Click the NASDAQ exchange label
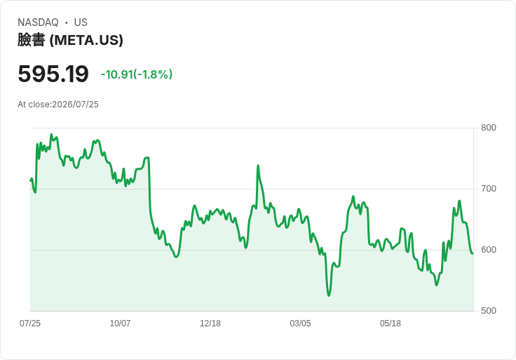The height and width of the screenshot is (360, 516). click(x=38, y=22)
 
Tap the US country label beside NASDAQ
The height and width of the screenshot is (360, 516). click(x=81, y=22)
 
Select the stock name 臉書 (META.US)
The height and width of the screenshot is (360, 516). click(x=70, y=40)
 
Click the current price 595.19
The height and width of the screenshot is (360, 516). click(x=53, y=74)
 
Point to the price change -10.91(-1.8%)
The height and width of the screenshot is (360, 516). click(x=136, y=74)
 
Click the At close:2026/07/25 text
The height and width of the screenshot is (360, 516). click(x=58, y=105)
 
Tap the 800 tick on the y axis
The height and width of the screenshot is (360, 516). click(x=489, y=128)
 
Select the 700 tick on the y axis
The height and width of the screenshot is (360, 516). click(x=489, y=189)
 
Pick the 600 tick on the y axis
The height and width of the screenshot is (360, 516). click(x=489, y=250)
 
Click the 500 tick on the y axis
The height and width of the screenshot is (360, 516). click(x=489, y=311)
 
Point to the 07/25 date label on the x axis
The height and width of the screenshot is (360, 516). click(x=30, y=324)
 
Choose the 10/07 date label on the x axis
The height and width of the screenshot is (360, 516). click(x=120, y=324)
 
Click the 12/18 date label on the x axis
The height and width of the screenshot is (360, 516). click(x=210, y=324)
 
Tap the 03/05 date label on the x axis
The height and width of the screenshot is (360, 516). click(x=300, y=324)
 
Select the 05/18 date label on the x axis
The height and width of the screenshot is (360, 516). click(x=391, y=324)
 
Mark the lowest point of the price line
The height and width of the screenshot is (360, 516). click(x=329, y=295)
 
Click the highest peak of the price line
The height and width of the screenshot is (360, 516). click(x=51, y=134)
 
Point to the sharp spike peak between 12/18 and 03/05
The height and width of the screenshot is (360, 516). click(x=258, y=166)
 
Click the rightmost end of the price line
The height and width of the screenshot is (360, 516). click(x=473, y=253)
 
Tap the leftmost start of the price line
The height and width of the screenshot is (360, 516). click(x=31, y=180)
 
